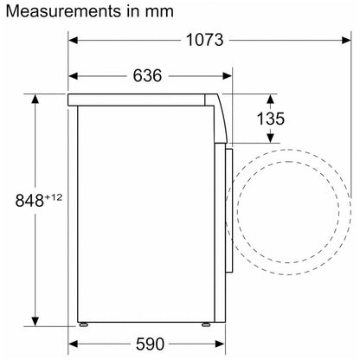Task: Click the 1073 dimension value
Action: coord(204,40)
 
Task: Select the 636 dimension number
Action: coord(147,76)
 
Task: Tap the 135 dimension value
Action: coord(270,119)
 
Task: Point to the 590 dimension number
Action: coord(150,344)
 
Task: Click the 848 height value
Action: coord(29,201)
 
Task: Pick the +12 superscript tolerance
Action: coord(54,197)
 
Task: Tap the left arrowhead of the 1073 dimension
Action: coord(73,40)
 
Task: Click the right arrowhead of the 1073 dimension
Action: coord(346,40)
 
